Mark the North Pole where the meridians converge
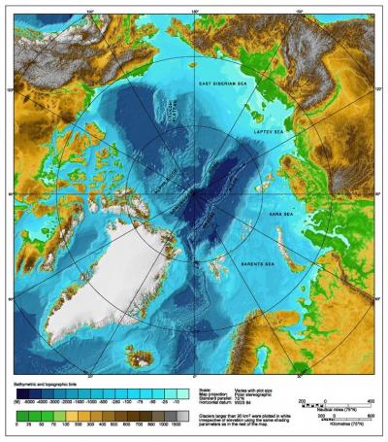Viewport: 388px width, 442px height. [x=192, y=192]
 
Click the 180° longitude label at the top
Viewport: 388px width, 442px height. [x=193, y=13]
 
